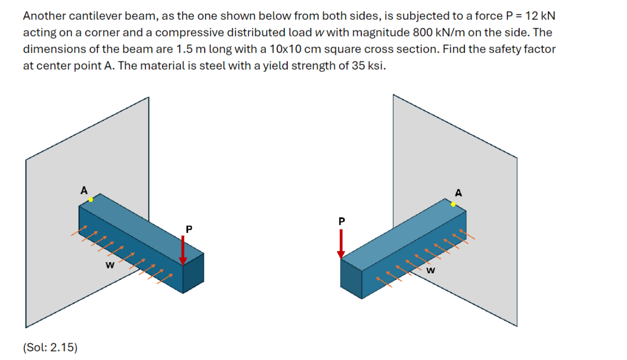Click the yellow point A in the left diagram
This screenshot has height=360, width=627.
pos(91,200)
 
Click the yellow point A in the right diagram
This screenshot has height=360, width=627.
pos(453,204)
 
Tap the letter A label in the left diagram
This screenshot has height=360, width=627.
pos(84,190)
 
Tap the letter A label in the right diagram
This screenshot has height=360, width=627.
pos(459,193)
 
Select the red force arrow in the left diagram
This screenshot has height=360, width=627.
pos(183,250)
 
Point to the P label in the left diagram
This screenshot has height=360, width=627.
pos(189,229)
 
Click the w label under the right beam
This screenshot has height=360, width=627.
pos(431,270)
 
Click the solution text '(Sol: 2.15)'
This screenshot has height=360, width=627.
pos(50,347)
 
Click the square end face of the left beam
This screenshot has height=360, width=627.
pos(193,273)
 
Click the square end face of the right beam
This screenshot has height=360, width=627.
pos(351,279)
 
